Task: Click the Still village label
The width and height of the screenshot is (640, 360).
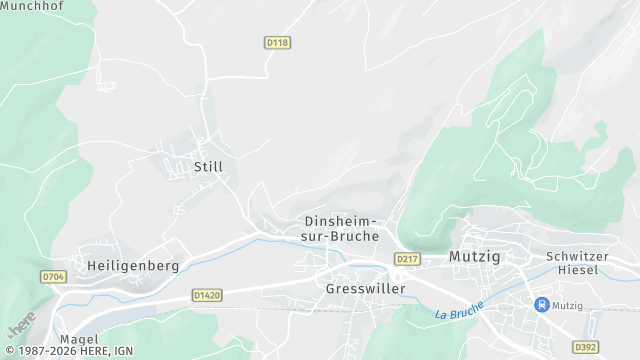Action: (208, 167)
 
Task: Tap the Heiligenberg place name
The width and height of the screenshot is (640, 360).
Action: (133, 266)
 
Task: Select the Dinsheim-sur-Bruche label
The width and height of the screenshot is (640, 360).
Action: (340, 229)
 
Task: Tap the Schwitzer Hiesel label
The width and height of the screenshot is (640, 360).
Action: (577, 263)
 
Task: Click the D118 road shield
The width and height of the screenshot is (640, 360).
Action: (277, 42)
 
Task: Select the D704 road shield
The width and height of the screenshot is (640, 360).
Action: (53, 276)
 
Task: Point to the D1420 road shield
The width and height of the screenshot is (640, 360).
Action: (205, 295)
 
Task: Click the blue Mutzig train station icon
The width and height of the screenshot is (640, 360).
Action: (541, 304)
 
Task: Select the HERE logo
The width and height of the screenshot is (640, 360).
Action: (20, 325)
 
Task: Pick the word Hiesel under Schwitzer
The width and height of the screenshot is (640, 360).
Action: (577, 270)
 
